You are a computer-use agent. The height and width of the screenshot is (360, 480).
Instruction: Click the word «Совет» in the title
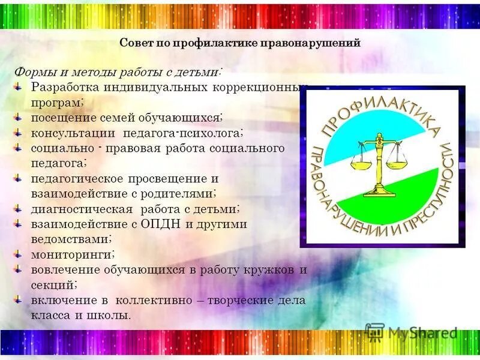[x=136, y=43]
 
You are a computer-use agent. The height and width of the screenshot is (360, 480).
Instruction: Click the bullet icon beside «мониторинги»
[x=19, y=253]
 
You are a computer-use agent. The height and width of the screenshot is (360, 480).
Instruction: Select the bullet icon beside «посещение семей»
[x=19, y=116]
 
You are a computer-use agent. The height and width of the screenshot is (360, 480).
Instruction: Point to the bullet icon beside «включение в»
[x=19, y=299]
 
